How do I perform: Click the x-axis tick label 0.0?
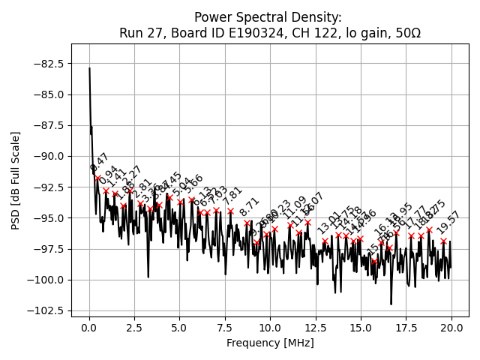pos(89,328)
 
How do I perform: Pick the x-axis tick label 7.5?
pos(225,328)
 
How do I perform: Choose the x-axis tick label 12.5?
pos(316,328)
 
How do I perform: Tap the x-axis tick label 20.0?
pos(451,328)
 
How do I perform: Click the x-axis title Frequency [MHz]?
pos(270,343)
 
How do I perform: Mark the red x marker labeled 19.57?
pos(443,241)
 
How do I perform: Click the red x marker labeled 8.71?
pos(247,223)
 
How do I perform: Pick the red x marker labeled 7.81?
pos(230,211)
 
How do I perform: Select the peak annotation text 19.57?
pos(448,227)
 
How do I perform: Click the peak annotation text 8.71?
pos(250,207)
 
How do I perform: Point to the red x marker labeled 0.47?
pos(97,178)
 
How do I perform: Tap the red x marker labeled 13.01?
pos(325,241)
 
